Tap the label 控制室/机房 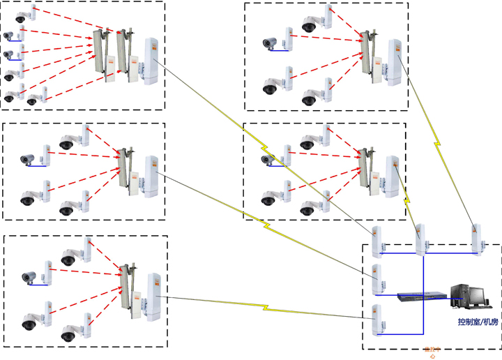click(x=478, y=322)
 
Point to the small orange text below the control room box click(x=432, y=353)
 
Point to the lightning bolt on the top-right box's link click(x=438, y=143)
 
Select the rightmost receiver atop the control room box click(x=476, y=239)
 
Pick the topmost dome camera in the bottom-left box click(x=68, y=259)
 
